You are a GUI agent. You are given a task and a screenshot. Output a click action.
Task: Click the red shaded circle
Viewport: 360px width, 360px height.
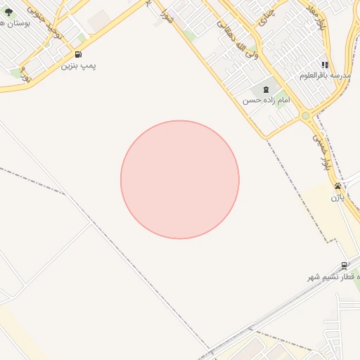[180, 179]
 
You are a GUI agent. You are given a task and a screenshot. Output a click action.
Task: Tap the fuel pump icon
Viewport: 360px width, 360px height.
[77, 54]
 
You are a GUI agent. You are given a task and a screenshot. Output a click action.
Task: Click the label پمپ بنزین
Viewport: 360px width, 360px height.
[78, 65]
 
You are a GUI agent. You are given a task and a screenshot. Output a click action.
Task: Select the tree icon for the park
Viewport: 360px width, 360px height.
[8, 12]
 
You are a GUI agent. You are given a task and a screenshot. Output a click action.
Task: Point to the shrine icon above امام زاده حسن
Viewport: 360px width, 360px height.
[266, 89]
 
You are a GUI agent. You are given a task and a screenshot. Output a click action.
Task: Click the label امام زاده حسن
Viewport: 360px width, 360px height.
[266, 101]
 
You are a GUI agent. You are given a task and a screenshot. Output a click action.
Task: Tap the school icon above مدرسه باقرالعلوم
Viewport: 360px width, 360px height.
[325, 64]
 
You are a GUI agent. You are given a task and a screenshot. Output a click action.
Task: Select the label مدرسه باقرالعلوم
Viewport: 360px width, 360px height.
[324, 75]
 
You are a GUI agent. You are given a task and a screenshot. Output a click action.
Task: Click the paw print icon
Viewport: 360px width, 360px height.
[338, 186]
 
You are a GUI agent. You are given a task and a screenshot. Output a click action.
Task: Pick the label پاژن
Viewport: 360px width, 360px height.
[338, 198]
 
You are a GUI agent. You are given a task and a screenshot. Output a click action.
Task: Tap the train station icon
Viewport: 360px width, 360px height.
[344, 266]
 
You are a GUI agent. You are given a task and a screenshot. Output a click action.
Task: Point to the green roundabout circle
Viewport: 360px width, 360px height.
[305, 115]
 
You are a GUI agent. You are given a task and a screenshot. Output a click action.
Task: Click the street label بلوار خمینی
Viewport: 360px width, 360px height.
[322, 149]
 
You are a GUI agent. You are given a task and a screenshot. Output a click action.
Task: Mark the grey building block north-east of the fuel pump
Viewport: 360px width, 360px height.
[100, 20]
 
